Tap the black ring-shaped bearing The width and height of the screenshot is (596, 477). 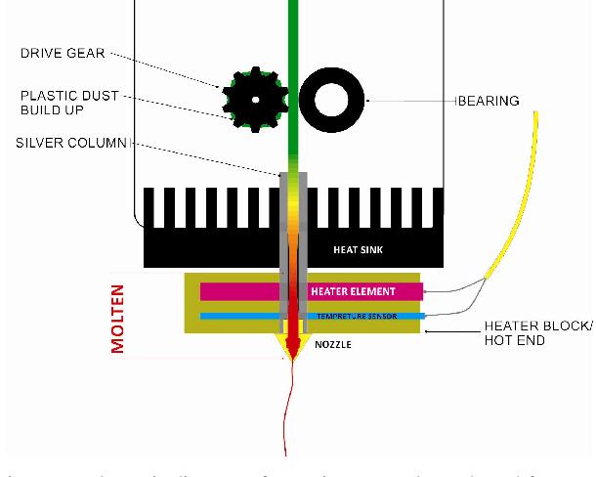tap(333, 100)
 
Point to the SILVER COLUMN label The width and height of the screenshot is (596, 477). tap(71, 143)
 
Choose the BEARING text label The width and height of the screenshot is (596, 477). tap(489, 101)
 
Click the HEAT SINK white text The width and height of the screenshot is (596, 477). tap(359, 250)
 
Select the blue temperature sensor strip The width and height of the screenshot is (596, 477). tap(244, 316)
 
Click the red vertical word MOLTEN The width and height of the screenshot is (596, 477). tap(118, 317)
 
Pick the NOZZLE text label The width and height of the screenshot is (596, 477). tap(333, 345)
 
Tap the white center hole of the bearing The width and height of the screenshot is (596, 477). tap(333, 100)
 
